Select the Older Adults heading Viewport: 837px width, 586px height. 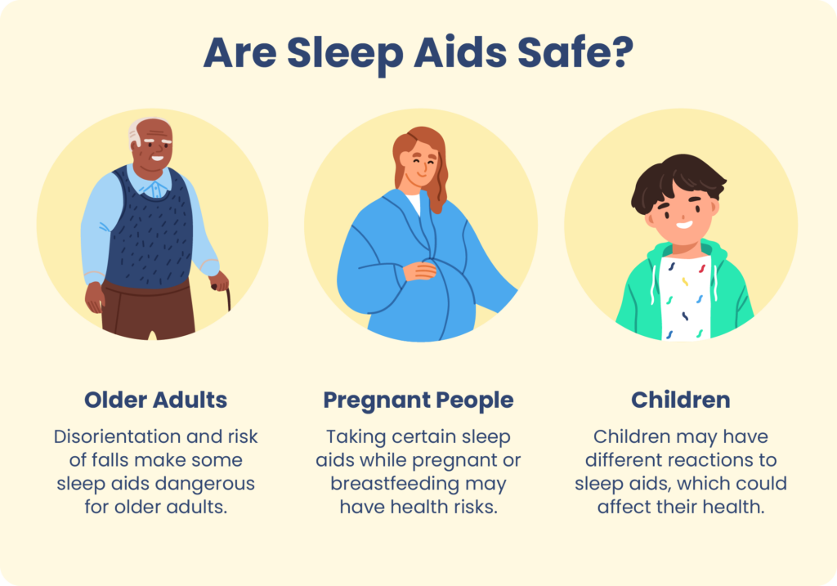(155, 400)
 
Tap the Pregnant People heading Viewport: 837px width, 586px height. (418, 400)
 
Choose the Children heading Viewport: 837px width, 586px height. (680, 400)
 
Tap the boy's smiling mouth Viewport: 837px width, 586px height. (683, 224)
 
